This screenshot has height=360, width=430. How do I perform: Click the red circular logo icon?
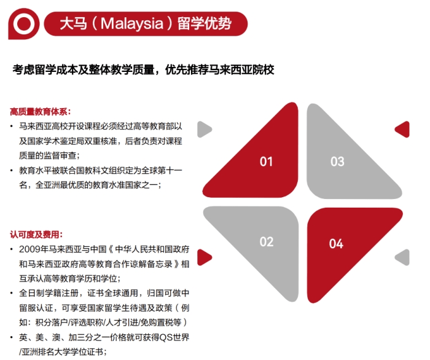(x=24, y=24)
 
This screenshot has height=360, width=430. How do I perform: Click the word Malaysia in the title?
(x=132, y=23)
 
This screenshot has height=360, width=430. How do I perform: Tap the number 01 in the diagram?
(x=266, y=162)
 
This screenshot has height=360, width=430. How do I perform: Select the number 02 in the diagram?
(x=267, y=242)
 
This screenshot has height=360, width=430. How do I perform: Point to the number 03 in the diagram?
(x=337, y=162)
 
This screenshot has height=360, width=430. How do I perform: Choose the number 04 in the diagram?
(x=336, y=243)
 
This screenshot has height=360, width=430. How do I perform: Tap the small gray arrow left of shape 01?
(x=205, y=129)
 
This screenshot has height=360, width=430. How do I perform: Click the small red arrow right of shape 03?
(x=402, y=129)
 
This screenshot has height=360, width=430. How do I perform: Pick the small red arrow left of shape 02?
(x=205, y=257)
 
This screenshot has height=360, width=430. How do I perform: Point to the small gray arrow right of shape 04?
(x=402, y=257)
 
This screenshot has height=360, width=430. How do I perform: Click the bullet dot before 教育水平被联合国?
(x=12, y=171)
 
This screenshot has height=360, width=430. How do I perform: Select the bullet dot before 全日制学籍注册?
(x=12, y=293)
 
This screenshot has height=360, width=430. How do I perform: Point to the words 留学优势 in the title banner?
(x=205, y=23)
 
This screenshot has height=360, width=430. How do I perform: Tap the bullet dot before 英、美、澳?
(x=12, y=337)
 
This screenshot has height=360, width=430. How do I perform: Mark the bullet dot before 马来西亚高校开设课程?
(x=12, y=127)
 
